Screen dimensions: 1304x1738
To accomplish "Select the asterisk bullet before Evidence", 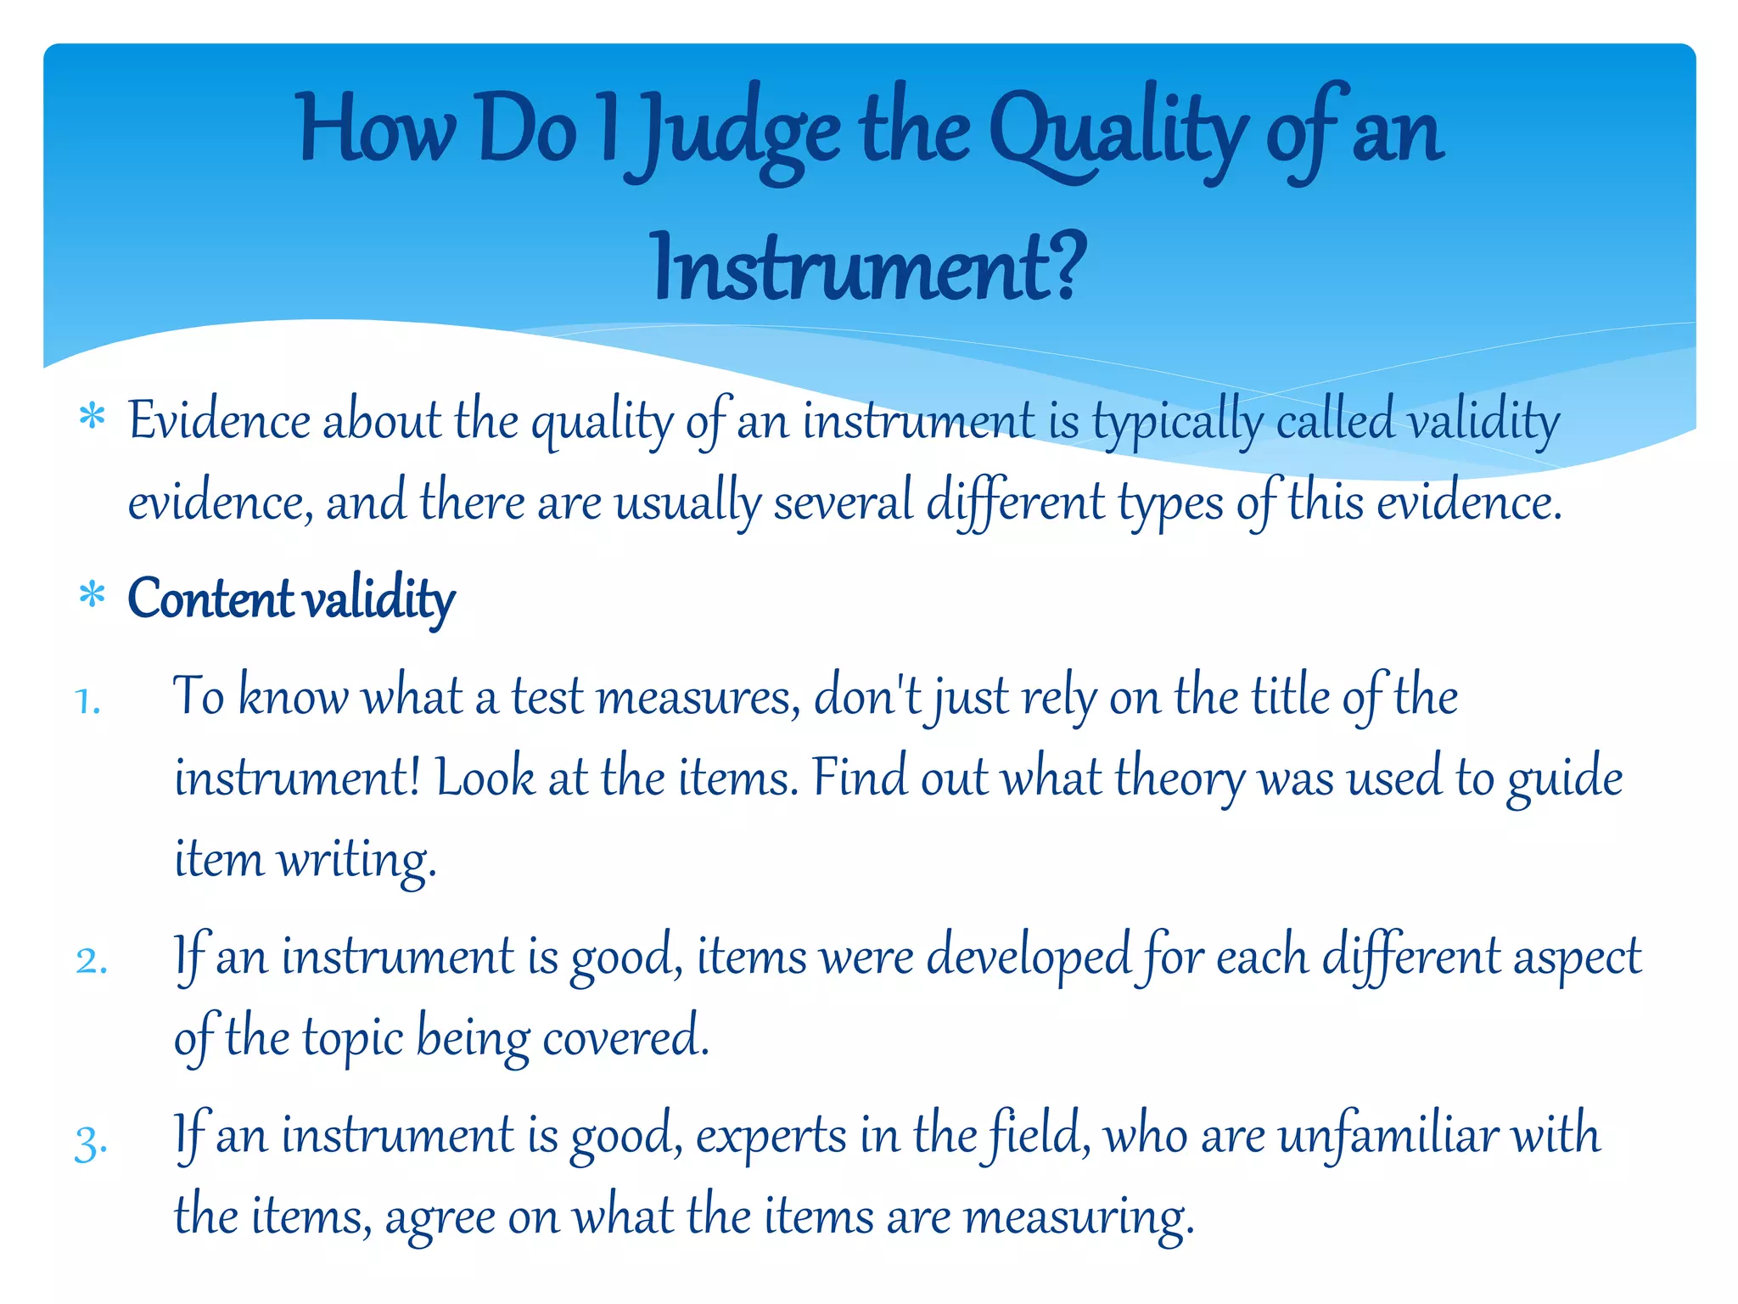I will [92, 419].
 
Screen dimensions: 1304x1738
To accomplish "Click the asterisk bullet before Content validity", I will [92, 596].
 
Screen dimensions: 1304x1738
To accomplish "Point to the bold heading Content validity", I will [291, 599].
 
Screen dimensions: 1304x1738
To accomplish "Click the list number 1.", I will [88, 702].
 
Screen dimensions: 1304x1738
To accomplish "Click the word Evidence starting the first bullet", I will [219, 421].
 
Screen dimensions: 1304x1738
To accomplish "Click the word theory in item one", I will [1180, 778].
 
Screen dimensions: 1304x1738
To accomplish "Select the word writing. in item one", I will [356, 859].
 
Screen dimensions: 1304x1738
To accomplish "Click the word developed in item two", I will [1028, 958].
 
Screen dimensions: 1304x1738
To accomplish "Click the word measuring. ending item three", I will [1079, 1217].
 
